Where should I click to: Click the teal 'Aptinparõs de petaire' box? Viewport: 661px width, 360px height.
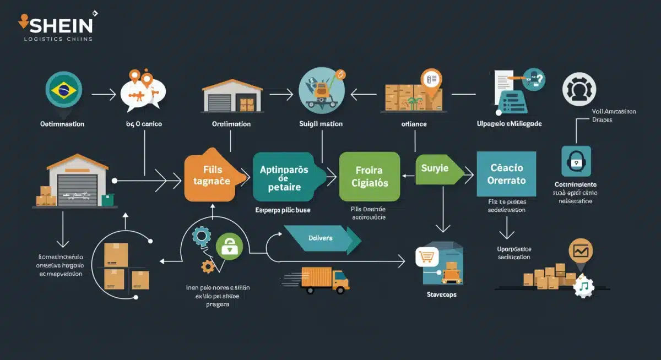[284, 177]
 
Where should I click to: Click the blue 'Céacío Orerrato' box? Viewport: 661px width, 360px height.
[506, 174]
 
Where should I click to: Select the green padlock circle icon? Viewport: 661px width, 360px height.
[229, 246]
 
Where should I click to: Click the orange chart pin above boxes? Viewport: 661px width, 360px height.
[581, 251]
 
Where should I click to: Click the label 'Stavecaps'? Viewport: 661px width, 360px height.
[441, 295]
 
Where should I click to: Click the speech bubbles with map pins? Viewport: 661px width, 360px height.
[142, 91]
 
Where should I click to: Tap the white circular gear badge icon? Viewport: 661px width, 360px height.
[579, 89]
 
